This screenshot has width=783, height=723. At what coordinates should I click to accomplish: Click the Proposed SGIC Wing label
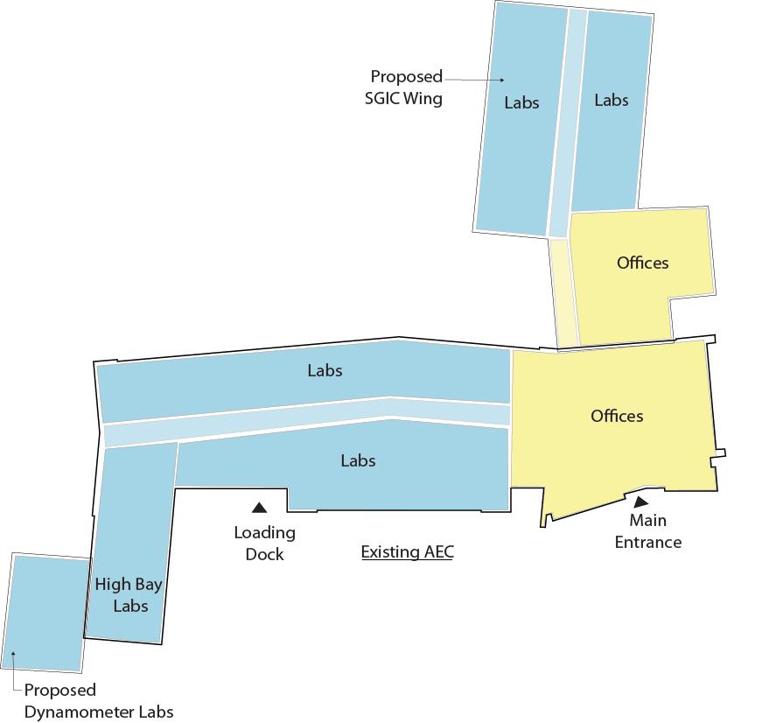[x=405, y=88]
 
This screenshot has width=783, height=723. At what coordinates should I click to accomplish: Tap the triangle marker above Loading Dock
[x=259, y=507]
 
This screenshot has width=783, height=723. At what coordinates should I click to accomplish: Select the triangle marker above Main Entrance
[x=641, y=502]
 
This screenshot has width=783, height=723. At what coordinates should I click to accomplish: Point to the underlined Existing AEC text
[x=408, y=552]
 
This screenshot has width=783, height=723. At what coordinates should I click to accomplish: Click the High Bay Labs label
[x=129, y=595]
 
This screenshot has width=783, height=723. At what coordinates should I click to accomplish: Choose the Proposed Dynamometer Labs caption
[x=98, y=701]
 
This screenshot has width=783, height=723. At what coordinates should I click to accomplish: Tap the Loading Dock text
[x=264, y=544]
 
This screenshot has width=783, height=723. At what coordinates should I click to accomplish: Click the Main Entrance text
[x=648, y=531]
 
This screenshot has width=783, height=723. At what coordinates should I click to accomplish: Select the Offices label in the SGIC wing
[x=642, y=263]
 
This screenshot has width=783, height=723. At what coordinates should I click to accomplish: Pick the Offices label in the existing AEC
[x=617, y=416]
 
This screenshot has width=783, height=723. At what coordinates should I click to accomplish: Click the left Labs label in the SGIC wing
[x=521, y=102]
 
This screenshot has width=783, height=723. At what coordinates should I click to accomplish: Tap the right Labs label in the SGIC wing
[x=611, y=100]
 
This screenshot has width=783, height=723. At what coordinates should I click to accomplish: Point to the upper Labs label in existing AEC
[x=325, y=370]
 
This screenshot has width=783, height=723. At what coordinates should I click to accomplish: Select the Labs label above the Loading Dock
[x=358, y=460]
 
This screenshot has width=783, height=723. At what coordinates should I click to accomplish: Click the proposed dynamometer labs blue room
[x=48, y=613]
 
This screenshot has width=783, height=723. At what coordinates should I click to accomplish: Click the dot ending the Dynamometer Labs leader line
[x=15, y=654]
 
